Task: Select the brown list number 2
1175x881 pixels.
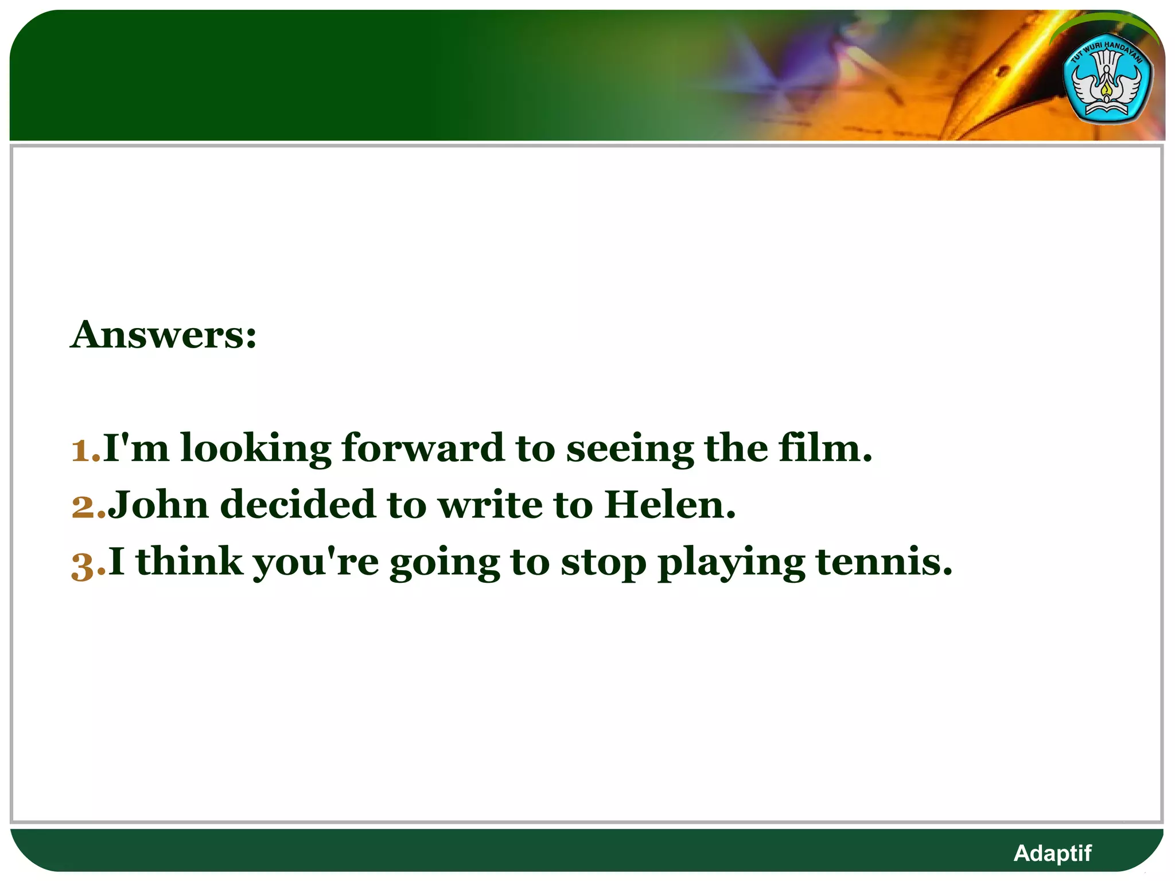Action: pos(84,506)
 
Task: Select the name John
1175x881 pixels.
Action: pos(158,505)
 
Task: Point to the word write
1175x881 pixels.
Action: pos(490,505)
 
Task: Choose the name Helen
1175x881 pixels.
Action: pos(669,505)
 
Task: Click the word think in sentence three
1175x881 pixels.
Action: pos(190,562)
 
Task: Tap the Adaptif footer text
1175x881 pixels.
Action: pos(1052,853)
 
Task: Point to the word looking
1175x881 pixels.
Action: pos(256,449)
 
